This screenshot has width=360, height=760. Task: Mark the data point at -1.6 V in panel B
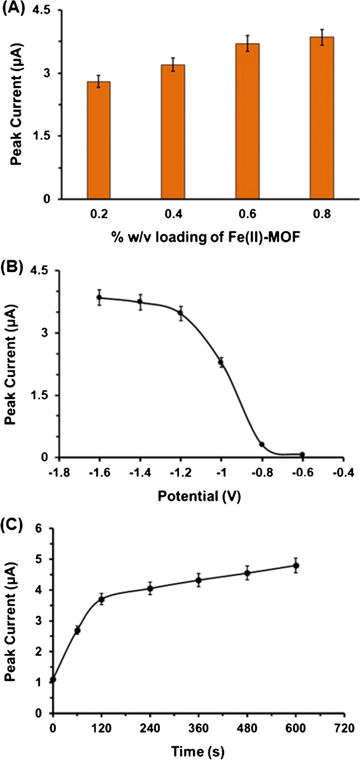tap(99, 298)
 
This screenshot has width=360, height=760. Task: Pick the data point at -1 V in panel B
tap(221, 362)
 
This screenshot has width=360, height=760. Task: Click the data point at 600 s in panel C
tap(296, 566)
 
